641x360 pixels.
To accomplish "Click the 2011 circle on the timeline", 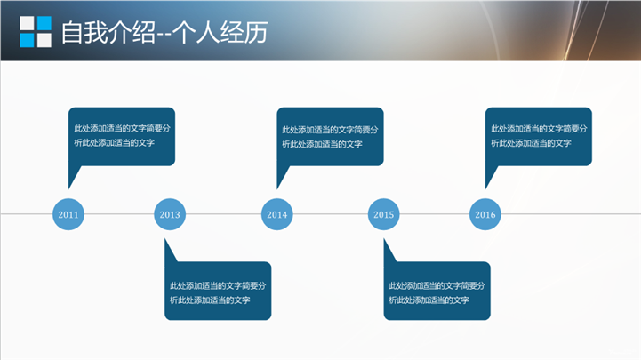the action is click(68, 214).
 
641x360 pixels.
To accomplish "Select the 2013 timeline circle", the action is click(170, 214).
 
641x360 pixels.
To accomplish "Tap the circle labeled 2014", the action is click(276, 214).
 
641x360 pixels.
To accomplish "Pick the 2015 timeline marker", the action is click(383, 214).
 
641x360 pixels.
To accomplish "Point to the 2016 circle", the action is click(485, 214).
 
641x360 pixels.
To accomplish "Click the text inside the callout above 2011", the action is click(122, 135).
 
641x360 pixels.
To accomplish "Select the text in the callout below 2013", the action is click(218, 292).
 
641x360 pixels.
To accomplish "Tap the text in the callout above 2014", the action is click(330, 137).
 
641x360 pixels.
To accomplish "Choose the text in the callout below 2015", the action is click(437, 292).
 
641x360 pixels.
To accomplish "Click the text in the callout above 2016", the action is click(539, 136).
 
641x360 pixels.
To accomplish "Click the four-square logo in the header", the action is click(36, 31).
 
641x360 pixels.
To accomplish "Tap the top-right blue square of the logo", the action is click(44, 23).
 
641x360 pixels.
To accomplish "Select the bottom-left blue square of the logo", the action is click(27, 40).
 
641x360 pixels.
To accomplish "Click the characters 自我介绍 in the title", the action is click(108, 32).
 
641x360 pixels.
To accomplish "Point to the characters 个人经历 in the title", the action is click(220, 32).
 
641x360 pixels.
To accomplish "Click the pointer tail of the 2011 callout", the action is click(73, 177).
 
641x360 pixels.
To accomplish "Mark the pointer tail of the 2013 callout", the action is click(170, 251).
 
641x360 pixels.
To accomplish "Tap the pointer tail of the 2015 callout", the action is click(389, 251).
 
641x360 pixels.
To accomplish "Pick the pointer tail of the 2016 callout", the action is click(490, 177).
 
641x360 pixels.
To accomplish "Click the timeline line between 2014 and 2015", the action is click(331, 213).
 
